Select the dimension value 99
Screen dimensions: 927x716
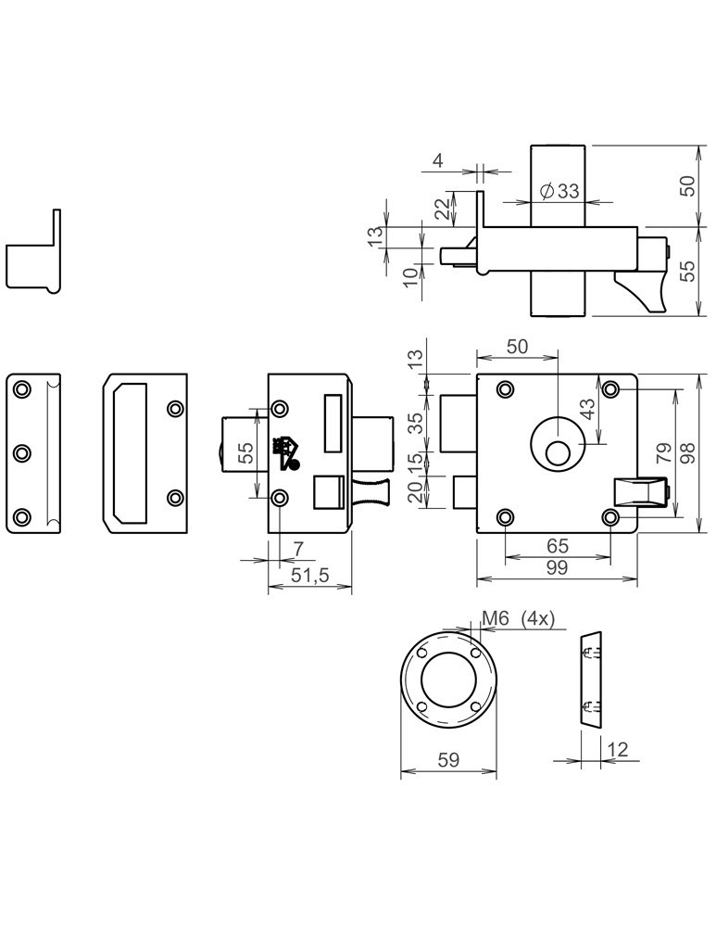(556, 567)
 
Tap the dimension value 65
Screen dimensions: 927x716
(558, 546)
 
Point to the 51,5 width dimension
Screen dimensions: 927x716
(310, 575)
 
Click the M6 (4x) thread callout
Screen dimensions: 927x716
(518, 619)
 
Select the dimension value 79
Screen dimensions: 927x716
(664, 454)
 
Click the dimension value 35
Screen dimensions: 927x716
(416, 424)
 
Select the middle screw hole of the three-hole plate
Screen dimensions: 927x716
(24, 452)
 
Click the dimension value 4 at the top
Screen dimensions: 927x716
(437, 161)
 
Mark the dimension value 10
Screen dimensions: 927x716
(409, 276)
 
